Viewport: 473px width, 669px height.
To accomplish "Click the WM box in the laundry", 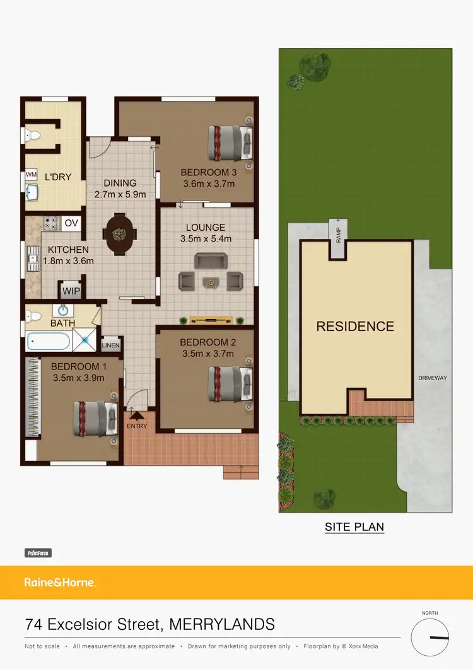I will tap(30, 175).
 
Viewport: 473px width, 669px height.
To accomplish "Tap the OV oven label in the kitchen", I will tap(71, 223).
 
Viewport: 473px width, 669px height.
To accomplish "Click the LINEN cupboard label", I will tap(111, 345).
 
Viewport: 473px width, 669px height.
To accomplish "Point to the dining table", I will tap(119, 234).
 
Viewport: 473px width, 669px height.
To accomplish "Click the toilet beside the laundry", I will tap(32, 134).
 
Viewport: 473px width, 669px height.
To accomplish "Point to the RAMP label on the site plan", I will tap(338, 233).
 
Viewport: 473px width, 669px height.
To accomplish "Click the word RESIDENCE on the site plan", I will tap(355, 327).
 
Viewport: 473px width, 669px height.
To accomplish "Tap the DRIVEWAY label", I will tap(432, 378).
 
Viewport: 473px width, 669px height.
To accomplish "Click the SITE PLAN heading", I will tap(354, 526).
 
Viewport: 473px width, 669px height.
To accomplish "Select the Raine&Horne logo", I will tap(60, 583).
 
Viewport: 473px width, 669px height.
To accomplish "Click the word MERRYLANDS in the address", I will tap(223, 625).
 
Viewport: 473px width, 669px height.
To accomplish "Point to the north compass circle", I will tap(430, 637).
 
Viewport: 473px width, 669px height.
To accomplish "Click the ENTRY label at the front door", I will tap(137, 426).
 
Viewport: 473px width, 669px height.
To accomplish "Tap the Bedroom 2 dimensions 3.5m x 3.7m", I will tap(207, 354).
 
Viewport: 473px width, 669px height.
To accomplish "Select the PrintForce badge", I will tap(38, 553).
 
